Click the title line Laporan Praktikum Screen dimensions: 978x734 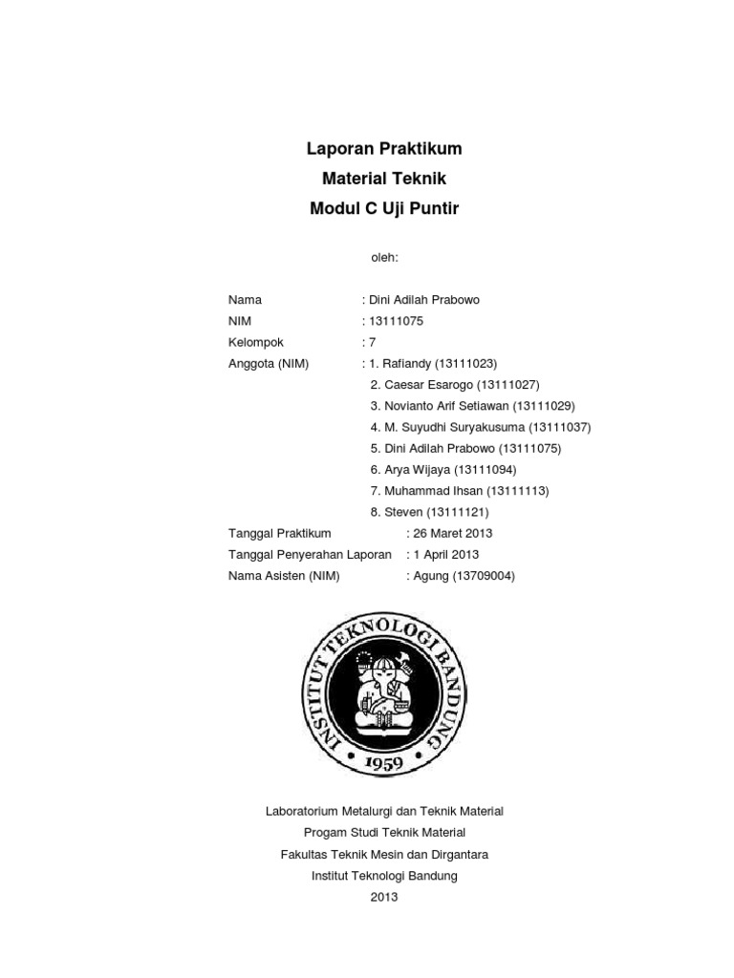click(383, 149)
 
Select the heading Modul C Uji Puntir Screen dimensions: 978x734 click(383, 209)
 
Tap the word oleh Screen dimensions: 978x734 click(383, 258)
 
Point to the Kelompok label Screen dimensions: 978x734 click(256, 342)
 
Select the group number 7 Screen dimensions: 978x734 click(373, 342)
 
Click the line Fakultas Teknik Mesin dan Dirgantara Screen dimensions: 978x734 click(383, 855)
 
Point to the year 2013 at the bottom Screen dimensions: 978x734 click(383, 897)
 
